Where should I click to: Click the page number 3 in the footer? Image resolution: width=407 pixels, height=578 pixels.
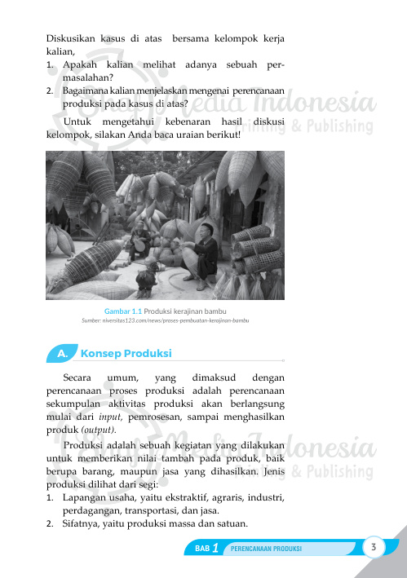point(372,546)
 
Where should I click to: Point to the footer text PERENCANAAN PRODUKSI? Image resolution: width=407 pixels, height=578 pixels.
point(267,549)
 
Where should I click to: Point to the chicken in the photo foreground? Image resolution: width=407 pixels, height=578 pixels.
point(148,279)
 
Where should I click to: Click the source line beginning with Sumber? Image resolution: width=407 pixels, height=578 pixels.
point(165,320)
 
